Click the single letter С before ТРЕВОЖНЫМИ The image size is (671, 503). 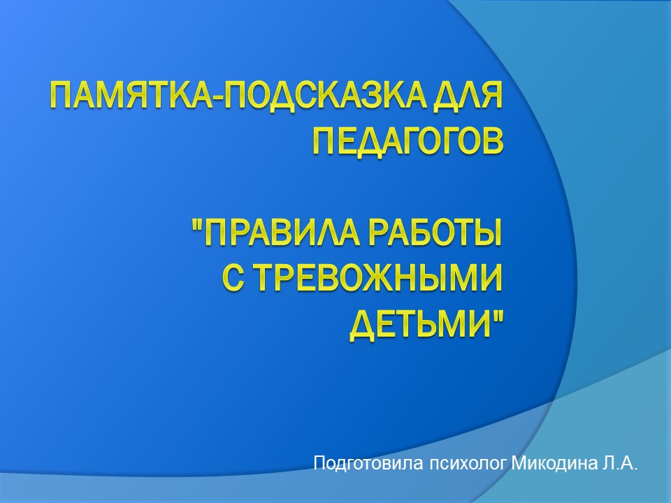tap(233, 279)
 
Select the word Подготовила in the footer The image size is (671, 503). tap(368, 464)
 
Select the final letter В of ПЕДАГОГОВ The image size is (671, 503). tap(493, 140)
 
